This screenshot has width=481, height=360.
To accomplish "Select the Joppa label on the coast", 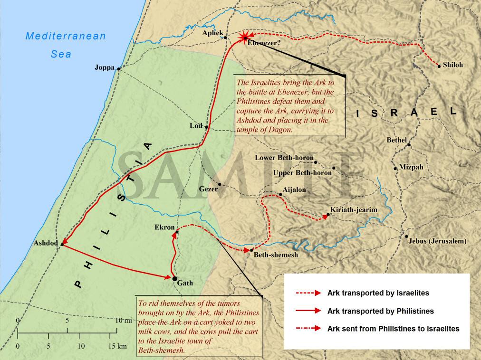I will point(105,68).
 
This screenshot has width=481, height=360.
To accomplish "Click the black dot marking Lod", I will point(206,127).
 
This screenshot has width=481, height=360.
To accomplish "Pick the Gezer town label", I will point(208,189).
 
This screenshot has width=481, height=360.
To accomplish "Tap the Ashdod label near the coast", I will point(46,244).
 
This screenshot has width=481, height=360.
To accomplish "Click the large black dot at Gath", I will point(174,279).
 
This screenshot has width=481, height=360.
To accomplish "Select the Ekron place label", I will point(164,227).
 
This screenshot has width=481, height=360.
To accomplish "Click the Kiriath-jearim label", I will point(354,209).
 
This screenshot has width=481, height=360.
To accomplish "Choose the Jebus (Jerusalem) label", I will point(437,241).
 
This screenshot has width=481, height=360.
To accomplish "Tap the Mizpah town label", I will point(411,167).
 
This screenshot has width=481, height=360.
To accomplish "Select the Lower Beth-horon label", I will point(284,158).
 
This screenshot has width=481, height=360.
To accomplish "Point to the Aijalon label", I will point(294,189).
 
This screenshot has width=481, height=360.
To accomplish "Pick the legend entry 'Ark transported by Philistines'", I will point(380,311).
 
